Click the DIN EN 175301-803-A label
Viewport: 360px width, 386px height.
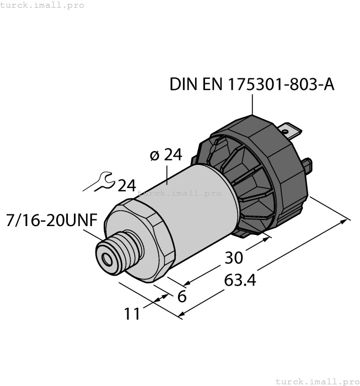point(252,84)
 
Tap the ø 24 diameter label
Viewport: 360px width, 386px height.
point(166,155)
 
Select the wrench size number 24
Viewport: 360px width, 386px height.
point(126,186)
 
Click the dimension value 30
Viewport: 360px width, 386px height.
point(233,258)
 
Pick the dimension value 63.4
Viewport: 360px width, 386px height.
point(240,280)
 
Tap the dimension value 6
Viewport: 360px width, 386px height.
point(181,296)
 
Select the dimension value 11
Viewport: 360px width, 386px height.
point(132,314)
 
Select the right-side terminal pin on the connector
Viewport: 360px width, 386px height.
point(308,164)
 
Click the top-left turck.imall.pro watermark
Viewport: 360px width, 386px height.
point(42,5)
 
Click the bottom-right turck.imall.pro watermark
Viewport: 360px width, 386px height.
point(317,381)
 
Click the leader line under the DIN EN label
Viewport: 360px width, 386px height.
point(252,104)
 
